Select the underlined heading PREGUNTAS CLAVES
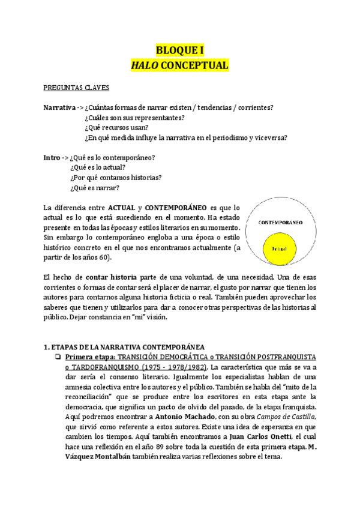pos(76,88)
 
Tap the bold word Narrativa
pos(59,107)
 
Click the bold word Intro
pos(52,157)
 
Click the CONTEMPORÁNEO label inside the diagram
pos(280,223)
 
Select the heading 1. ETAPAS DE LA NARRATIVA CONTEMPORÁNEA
pos(124,347)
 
